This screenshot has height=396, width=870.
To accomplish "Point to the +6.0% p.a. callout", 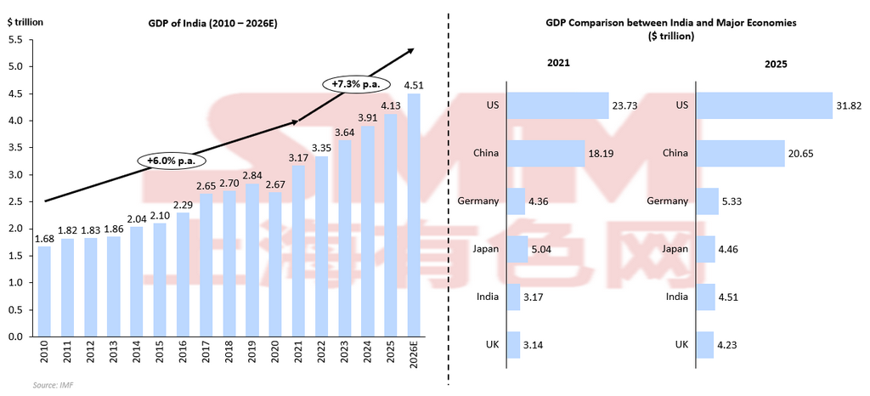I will click(172, 160).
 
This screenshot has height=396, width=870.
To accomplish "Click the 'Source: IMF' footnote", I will click(52, 386).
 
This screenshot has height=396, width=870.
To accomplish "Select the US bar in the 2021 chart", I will click(557, 105).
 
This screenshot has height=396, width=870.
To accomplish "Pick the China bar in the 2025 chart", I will click(739, 153).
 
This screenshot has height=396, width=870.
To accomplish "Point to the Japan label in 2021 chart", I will click(487, 249).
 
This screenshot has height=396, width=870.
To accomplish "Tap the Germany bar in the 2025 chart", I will click(707, 201).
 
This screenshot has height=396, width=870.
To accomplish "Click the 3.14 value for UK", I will click(534, 345).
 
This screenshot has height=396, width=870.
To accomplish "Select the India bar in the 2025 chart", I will click(704, 297).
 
